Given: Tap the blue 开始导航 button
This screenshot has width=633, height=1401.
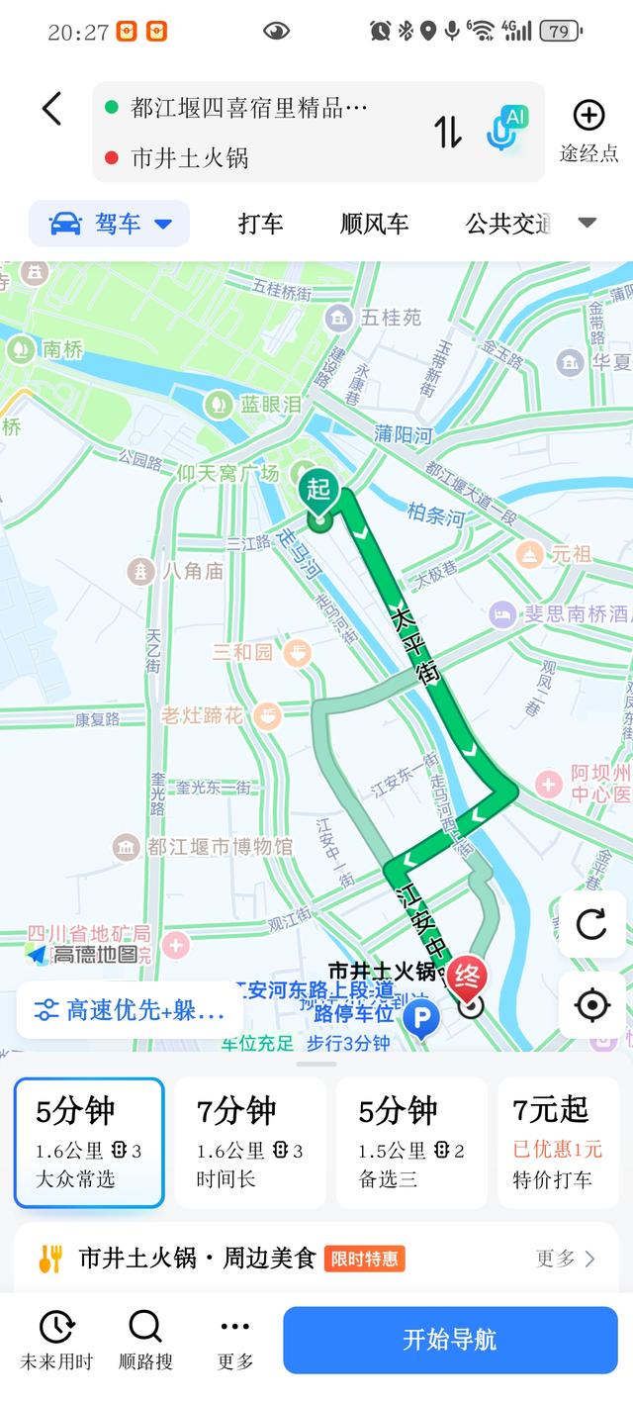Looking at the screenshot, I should (x=449, y=1340).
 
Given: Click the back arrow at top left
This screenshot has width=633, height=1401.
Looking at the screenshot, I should (x=52, y=109).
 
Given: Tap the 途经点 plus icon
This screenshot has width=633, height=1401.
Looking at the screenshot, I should (x=588, y=116).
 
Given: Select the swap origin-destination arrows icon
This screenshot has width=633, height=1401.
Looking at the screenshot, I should (x=448, y=132).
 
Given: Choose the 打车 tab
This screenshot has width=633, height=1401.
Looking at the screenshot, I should (x=260, y=224).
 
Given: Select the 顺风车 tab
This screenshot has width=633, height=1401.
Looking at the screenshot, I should (x=374, y=224).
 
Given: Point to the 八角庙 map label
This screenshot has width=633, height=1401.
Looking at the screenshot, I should (x=178, y=570).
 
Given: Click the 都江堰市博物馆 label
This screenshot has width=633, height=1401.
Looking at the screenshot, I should (x=205, y=847).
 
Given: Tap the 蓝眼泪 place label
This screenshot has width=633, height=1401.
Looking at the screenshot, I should (x=254, y=404).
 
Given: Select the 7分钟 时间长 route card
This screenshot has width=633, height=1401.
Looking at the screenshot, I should (x=250, y=1143).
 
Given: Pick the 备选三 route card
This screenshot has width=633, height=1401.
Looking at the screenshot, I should (x=411, y=1143).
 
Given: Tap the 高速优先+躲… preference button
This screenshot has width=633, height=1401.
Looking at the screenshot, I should (x=129, y=1010).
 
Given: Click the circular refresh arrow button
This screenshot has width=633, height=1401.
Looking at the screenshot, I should (x=591, y=924).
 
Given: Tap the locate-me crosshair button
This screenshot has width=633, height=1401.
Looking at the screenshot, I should (x=591, y=1005).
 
